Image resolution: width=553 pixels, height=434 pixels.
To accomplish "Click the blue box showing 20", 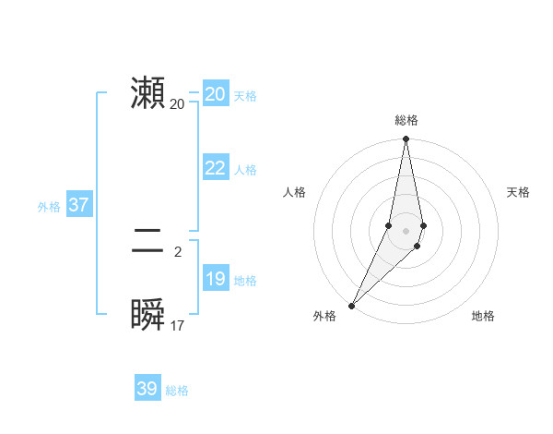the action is [216, 94].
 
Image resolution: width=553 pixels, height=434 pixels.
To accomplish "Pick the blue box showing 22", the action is [216, 168].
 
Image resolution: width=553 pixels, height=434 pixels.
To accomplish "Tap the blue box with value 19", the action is [216, 279].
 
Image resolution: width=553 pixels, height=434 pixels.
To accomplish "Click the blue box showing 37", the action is [78, 205].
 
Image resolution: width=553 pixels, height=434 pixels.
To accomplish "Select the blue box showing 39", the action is [147, 389].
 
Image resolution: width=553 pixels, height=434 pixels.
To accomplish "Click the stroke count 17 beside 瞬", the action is [178, 326].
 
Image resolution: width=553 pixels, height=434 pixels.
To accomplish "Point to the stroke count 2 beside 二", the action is [178, 251].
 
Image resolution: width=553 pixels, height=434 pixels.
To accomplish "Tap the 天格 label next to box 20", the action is [245, 96].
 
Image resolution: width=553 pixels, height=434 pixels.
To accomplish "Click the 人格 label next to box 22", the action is [245, 170].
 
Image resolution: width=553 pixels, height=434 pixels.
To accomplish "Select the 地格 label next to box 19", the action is [245, 281].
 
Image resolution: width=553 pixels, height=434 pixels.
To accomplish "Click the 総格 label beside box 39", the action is [177, 391].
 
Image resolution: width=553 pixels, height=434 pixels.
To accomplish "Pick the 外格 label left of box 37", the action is [49, 207].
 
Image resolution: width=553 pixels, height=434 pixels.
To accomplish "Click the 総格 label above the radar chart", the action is [406, 120].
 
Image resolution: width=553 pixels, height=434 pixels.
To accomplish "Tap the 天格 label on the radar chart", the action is [519, 192].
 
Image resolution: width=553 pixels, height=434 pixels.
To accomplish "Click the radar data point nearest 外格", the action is [352, 305].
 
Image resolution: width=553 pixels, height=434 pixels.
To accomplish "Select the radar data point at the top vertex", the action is [406, 139].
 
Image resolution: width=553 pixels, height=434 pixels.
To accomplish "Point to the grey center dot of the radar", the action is [406, 231].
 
